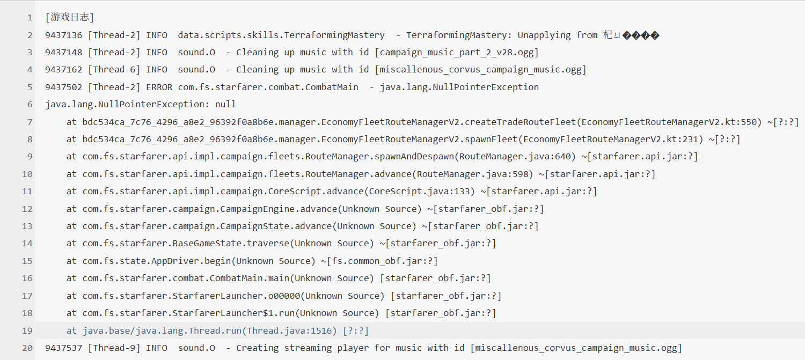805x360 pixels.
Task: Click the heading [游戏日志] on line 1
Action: (69, 17)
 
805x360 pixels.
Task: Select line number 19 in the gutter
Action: (27, 330)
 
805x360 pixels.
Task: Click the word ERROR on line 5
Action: (159, 87)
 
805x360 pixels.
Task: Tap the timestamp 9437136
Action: (64, 35)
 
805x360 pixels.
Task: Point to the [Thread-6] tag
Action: (114, 70)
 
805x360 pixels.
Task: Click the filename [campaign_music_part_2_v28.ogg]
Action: (456, 53)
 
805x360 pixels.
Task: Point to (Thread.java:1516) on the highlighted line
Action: (289, 331)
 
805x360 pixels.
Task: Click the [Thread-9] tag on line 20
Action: (114, 348)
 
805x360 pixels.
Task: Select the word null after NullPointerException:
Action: (225, 105)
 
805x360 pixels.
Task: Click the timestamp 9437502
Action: (64, 87)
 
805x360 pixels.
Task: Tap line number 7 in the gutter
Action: (30, 122)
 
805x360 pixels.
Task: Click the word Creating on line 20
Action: (257, 348)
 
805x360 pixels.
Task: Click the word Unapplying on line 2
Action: (544, 35)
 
